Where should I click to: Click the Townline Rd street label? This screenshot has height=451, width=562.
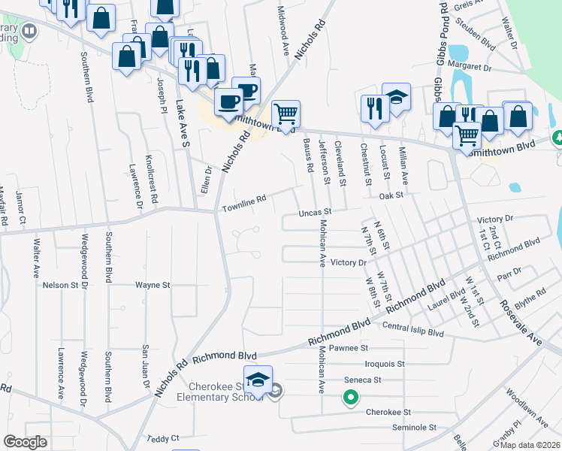pos(244,201)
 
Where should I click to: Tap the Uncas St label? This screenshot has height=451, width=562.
pos(316,213)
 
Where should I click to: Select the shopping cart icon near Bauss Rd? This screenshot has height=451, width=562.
pos(286,114)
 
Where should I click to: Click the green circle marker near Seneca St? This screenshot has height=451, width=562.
pos(350,398)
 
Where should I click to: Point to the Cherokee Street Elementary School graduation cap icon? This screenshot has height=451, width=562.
pos(258,380)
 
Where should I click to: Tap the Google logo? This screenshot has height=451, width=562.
pos(25,442)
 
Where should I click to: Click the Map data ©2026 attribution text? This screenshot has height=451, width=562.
pos(530,445)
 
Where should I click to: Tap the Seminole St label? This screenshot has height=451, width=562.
pos(414,427)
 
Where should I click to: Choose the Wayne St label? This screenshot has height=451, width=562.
pos(153,286)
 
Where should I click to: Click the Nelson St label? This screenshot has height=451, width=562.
pos(61,286)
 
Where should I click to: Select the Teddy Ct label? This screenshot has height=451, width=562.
pos(163,438)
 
